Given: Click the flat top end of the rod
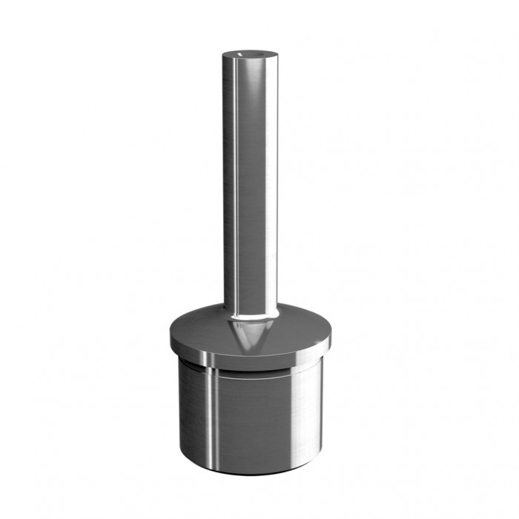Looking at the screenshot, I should click(250, 54).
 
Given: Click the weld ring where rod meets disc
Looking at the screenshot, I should click(250, 317).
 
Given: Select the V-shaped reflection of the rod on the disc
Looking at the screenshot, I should click(250, 335).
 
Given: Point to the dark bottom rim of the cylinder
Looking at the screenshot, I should click(250, 471).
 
